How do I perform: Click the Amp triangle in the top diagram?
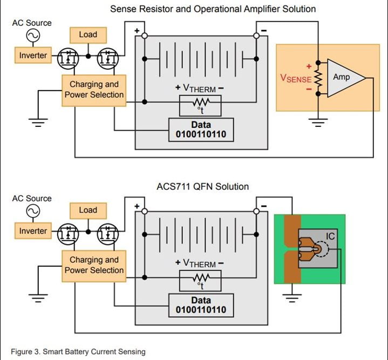(343, 78)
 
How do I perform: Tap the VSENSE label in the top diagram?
(295, 78)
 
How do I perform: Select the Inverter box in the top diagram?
(33, 56)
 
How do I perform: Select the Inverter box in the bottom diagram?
(33, 231)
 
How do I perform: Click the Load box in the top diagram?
(87, 35)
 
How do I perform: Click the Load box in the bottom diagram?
(87, 210)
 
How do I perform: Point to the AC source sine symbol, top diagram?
(32, 36)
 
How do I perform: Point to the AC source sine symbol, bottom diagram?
(32, 211)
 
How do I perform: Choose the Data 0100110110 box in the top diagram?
(201, 130)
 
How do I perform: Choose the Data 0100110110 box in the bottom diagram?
(201, 305)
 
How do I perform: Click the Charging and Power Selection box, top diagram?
(93, 90)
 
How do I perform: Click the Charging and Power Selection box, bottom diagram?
(93, 265)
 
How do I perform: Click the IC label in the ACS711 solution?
(330, 236)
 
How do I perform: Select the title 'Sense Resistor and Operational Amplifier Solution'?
(213, 9)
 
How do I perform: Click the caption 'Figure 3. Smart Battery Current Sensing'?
(78, 352)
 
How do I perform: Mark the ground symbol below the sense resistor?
(318, 123)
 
